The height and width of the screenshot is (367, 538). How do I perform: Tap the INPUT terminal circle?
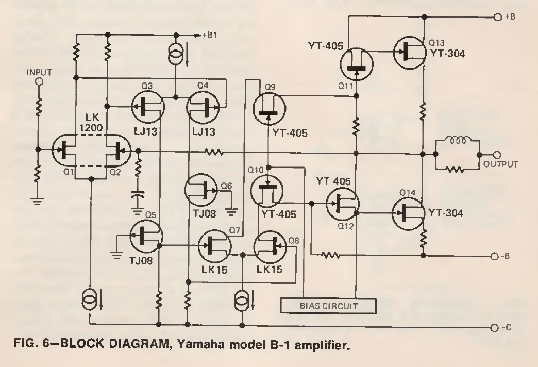(x=39, y=81)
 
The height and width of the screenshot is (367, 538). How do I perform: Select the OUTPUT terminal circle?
(x=497, y=155)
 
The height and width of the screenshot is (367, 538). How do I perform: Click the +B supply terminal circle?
(x=497, y=16)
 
